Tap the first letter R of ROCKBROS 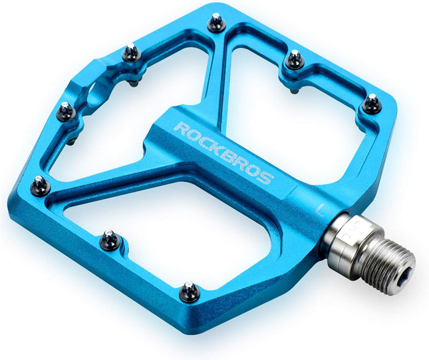pyautogui.click(x=181, y=126)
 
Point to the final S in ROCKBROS pyautogui.click(x=265, y=178)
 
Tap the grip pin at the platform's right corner pyautogui.click(x=372, y=103)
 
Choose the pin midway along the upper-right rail pyautogui.click(x=293, y=61)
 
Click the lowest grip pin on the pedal pyautogui.click(x=190, y=291)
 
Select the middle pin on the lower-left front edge pyautogui.click(x=110, y=239)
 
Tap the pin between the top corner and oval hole pyautogui.click(x=132, y=52)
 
